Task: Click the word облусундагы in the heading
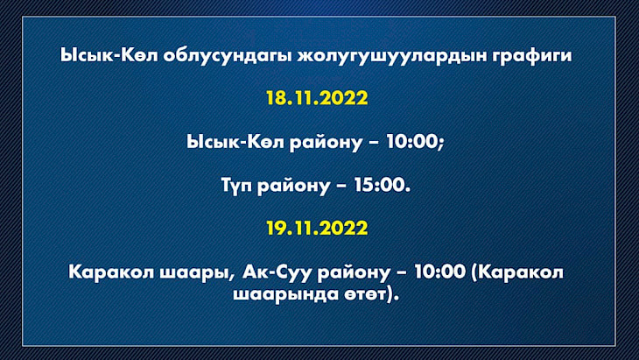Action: [x=228, y=55]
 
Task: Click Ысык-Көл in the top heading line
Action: [x=109, y=55]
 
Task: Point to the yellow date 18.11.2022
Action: [x=317, y=98]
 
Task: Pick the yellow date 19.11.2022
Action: [x=317, y=228]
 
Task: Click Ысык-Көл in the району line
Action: [x=235, y=142]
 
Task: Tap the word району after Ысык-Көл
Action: [x=326, y=143]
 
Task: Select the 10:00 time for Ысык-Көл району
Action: [x=412, y=142]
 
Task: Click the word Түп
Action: [x=236, y=186]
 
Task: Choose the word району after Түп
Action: [x=293, y=187]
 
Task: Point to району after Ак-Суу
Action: [x=354, y=272]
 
